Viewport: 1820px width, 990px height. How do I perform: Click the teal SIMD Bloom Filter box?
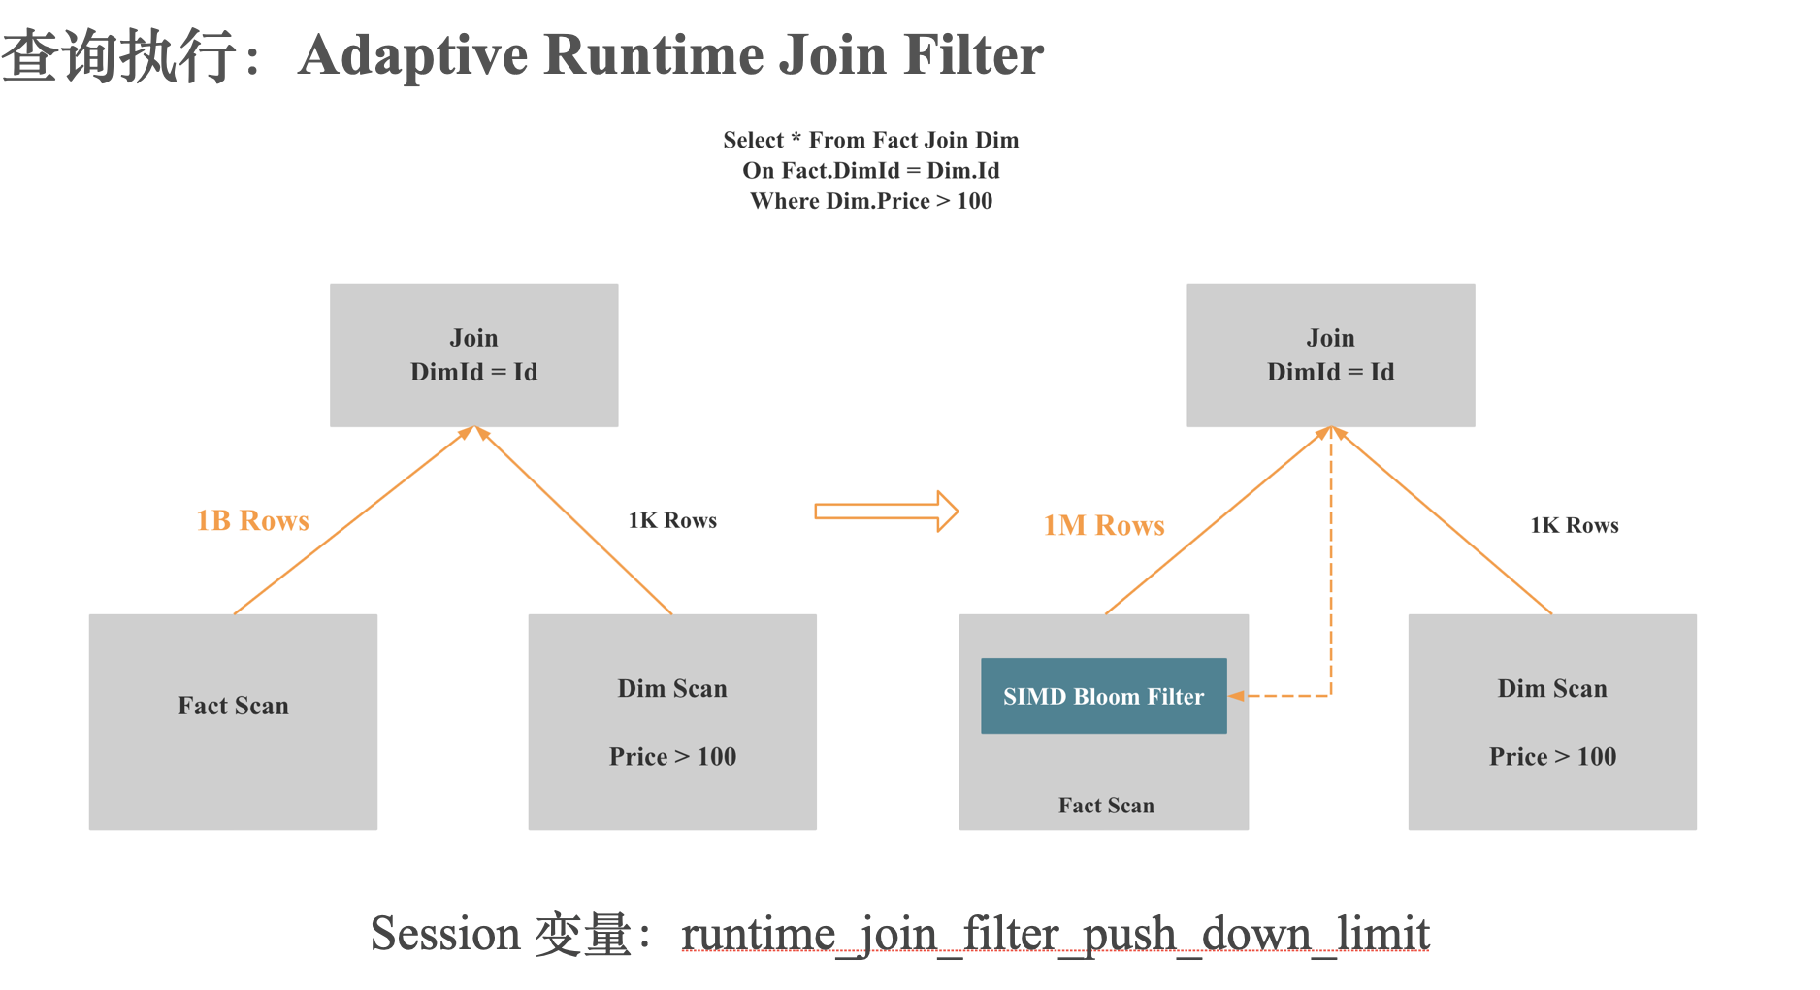1103,696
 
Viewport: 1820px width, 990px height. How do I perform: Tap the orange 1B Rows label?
252,521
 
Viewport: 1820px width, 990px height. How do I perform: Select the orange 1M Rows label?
1103,526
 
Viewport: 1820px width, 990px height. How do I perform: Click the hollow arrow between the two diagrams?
886,511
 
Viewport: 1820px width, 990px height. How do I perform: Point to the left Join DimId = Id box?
473,355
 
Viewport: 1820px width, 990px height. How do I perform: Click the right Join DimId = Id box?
1330,355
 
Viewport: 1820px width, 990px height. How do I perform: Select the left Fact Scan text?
233,706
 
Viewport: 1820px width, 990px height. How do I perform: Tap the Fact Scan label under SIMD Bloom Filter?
1106,806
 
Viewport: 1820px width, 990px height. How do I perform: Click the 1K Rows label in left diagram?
672,521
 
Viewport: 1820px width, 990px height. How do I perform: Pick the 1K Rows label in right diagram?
1574,526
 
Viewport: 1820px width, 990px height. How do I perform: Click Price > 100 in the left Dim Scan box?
672,757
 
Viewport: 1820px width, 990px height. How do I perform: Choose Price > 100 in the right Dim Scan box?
1552,757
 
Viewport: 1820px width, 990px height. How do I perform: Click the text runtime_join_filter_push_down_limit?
1055,935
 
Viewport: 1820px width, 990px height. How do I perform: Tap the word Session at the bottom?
445,935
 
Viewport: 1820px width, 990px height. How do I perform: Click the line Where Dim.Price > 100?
871,201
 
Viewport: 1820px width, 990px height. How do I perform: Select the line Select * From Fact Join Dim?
871,140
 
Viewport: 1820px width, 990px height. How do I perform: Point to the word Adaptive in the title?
412,54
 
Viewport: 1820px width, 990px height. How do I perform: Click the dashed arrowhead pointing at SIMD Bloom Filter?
1237,696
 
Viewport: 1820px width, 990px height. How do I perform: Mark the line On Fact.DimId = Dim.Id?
871,171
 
